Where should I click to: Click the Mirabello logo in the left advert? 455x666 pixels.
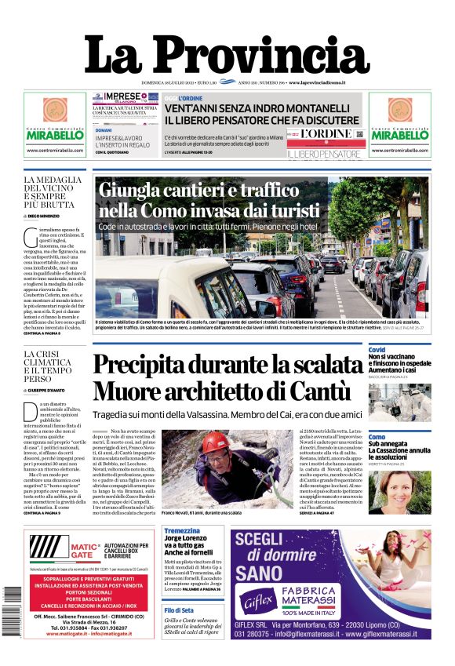[x=55, y=134]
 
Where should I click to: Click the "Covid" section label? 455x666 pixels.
[x=377, y=350]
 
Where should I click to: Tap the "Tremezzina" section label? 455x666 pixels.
[x=182, y=531]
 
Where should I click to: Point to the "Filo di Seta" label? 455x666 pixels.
[x=179, y=610]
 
